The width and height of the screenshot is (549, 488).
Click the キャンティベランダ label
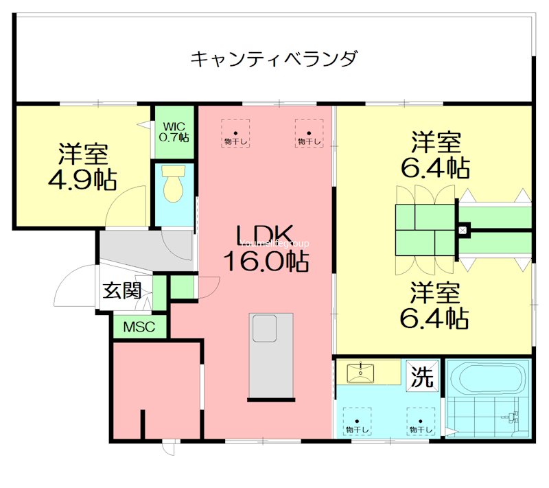[274, 58]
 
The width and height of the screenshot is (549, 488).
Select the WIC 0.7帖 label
[174, 132]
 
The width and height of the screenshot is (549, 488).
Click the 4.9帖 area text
[82, 179]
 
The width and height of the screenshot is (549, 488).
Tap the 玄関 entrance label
[122, 290]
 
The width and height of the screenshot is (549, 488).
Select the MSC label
[139, 327]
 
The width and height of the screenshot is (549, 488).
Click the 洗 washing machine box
[422, 376]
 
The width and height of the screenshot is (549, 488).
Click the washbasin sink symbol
[360, 373]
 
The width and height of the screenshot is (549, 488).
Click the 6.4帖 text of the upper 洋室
[435, 167]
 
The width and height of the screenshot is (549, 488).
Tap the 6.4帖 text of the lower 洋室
[435, 317]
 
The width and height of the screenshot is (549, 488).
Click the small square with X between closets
[463, 229]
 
